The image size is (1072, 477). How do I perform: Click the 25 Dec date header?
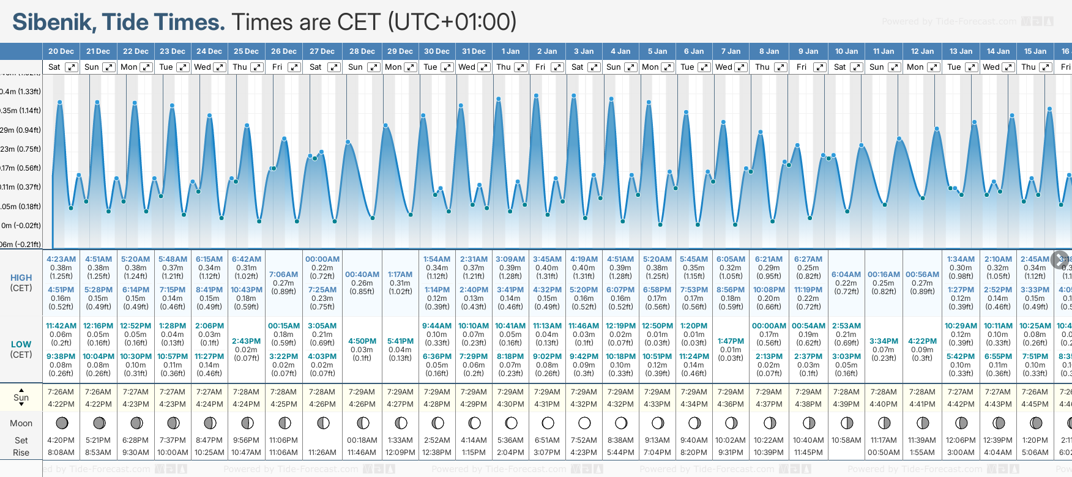tap(246, 51)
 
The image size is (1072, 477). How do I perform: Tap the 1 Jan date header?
tap(510, 51)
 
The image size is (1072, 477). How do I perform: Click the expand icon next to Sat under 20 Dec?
tap(72, 67)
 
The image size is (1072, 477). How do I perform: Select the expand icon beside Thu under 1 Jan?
tap(521, 67)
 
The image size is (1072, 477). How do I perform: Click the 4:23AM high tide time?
tap(61, 259)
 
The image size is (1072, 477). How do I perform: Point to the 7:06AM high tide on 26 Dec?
tap(283, 275)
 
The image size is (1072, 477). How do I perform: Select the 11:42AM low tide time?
tap(61, 326)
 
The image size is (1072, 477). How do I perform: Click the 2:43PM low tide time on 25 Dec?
tap(247, 341)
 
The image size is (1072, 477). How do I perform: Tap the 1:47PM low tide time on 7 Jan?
tap(731, 341)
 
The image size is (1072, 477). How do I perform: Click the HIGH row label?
tap(21, 278)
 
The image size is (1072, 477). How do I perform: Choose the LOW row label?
tap(21, 344)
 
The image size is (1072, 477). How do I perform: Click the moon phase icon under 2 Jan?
tap(548, 423)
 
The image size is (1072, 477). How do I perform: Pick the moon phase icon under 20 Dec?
tap(61, 423)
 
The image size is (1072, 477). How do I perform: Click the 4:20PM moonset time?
tap(61, 440)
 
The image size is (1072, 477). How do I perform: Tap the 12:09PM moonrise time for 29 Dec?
tap(400, 453)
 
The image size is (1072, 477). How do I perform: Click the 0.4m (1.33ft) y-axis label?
tap(20, 92)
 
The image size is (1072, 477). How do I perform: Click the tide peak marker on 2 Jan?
tap(537, 96)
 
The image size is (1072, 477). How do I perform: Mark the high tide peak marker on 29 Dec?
tap(386, 125)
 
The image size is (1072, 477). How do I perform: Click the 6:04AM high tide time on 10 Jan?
tap(846, 275)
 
